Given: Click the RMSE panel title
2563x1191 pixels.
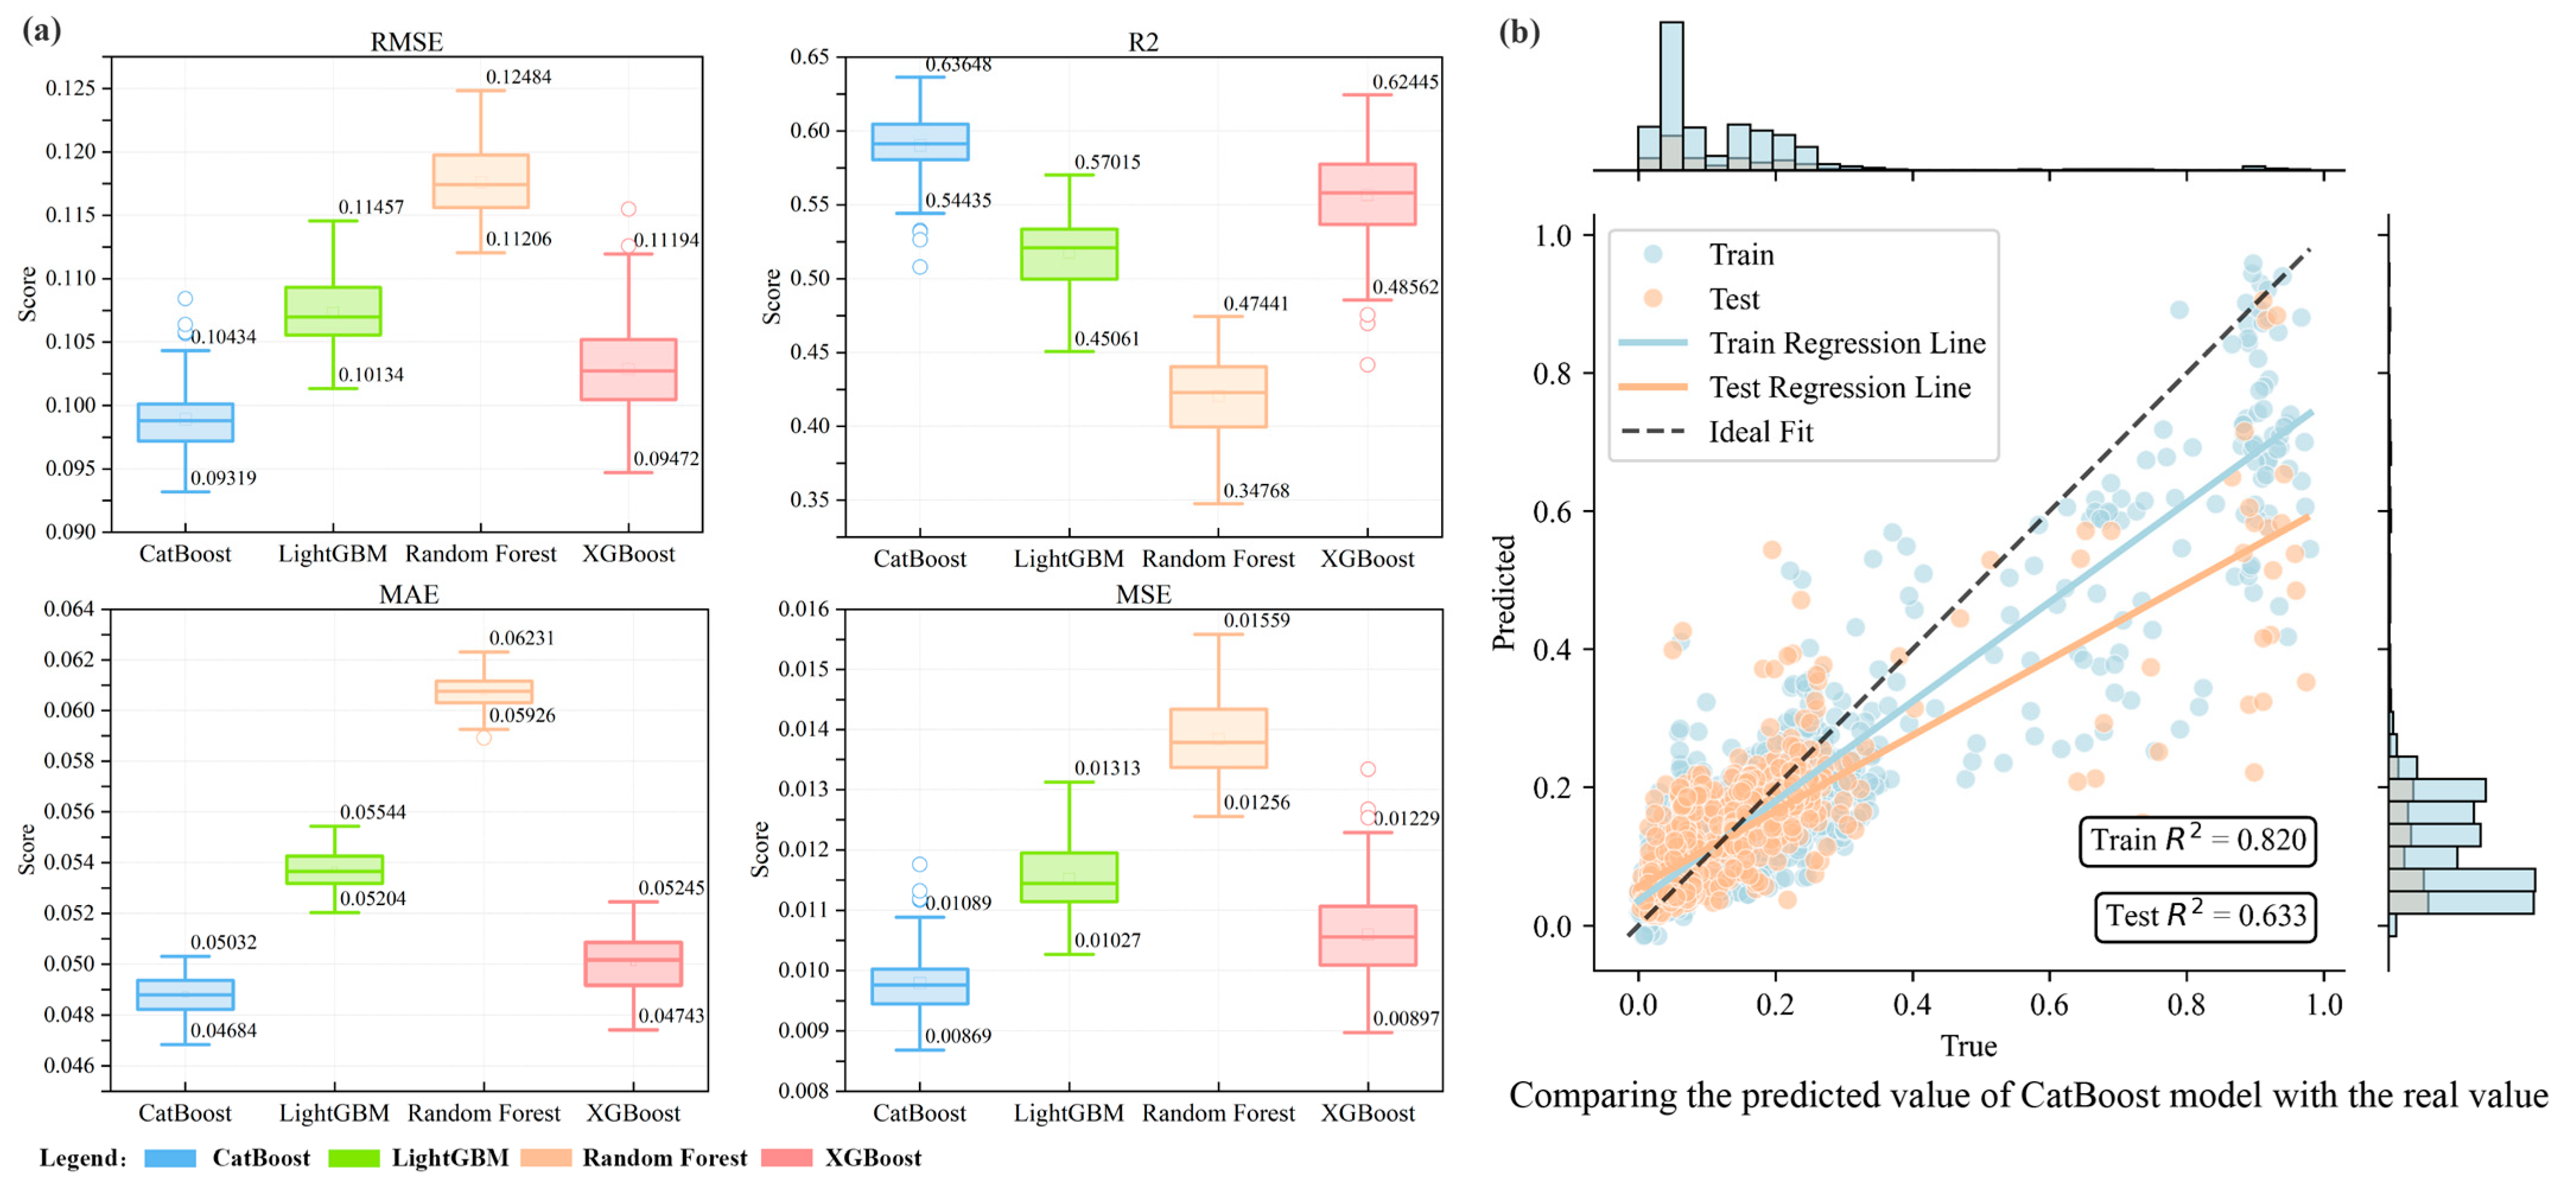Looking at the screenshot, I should point(406,42).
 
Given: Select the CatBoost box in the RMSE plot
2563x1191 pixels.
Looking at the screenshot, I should point(185,422).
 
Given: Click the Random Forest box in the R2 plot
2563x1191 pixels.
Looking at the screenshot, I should point(1218,397).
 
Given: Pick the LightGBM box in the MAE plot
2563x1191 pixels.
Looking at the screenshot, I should point(334,870).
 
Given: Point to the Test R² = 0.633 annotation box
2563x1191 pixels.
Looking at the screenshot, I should point(2205,915).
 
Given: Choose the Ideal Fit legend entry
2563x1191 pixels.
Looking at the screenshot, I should point(1760,432).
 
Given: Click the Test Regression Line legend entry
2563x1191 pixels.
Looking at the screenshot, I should point(1839,387).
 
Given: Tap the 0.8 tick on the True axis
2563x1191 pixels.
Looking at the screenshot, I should point(2186,1005).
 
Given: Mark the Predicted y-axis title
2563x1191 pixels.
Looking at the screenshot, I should point(1503,593).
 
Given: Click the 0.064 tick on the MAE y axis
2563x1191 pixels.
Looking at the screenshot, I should point(69,609).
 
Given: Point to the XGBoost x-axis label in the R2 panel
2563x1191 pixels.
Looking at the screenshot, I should point(1367,559).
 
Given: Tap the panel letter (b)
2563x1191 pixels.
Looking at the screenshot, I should point(1519,33).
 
